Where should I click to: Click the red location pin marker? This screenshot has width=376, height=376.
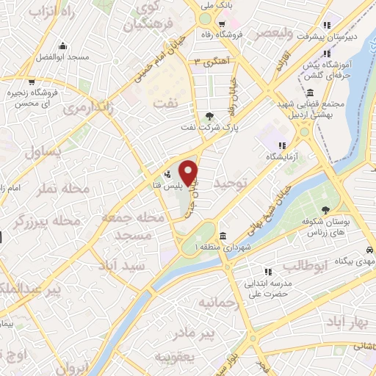click(189, 172)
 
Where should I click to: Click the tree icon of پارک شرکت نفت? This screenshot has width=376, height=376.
click(210, 115)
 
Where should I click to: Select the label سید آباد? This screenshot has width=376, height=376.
click(126, 265)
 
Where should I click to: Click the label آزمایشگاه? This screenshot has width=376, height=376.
click(282, 158)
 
